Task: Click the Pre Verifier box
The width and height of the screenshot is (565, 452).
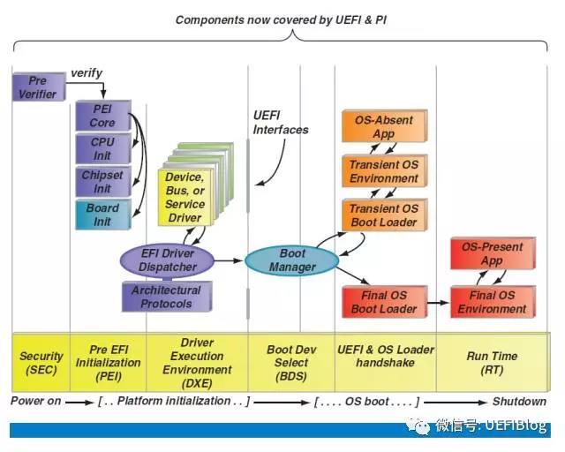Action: pyautogui.click(x=39, y=87)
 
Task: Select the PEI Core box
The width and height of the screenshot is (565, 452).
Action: pyautogui.click(x=103, y=116)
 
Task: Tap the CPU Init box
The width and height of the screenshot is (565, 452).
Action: pyautogui.click(x=103, y=148)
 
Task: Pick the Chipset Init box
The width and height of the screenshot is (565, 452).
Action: pyautogui.click(x=103, y=181)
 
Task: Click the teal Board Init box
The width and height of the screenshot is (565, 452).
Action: pyautogui.click(x=103, y=215)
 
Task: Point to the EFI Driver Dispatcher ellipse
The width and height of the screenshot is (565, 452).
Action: pyautogui.click(x=167, y=260)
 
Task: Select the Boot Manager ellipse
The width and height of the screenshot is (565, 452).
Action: pyautogui.click(x=292, y=260)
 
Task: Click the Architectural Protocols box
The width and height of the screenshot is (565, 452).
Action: pyautogui.click(x=167, y=297)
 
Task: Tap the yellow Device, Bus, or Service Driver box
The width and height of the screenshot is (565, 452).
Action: pyautogui.click(x=185, y=197)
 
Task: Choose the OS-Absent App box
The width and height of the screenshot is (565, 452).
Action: pyautogui.click(x=385, y=126)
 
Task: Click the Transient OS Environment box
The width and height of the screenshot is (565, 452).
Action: pyautogui.click(x=385, y=171)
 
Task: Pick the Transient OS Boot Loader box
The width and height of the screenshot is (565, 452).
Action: pyautogui.click(x=385, y=215)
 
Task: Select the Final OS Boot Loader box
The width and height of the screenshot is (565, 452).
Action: pyautogui.click(x=385, y=302)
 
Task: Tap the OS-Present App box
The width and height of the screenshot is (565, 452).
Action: pyautogui.click(x=493, y=253)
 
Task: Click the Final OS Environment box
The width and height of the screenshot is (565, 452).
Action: pyautogui.click(x=493, y=302)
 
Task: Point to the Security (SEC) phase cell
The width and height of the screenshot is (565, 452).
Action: pyautogui.click(x=41, y=362)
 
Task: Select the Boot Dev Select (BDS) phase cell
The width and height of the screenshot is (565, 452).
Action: pyautogui.click(x=291, y=362)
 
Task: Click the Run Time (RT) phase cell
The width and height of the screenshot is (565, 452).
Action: pyautogui.click(x=493, y=362)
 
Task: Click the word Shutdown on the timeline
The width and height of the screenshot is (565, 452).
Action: pyautogui.click(x=519, y=402)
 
